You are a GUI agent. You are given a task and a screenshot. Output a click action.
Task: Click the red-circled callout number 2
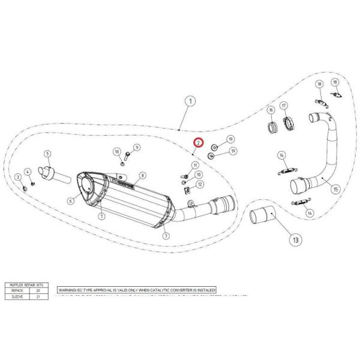click(199, 144)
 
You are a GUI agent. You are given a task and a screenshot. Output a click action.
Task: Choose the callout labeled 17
click(292, 106)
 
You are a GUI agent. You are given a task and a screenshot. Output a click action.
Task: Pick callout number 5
click(48, 154)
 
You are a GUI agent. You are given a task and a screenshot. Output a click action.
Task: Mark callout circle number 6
click(70, 201)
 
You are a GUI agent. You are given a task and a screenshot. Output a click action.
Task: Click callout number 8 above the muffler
click(142, 176)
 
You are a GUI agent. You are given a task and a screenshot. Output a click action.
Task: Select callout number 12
click(199, 184)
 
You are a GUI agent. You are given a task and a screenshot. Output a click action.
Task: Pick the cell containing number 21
click(38, 296)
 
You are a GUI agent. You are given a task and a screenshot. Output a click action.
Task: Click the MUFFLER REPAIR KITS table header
click(26, 285)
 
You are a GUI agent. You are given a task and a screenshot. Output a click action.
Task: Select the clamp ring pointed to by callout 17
click(289, 124)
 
